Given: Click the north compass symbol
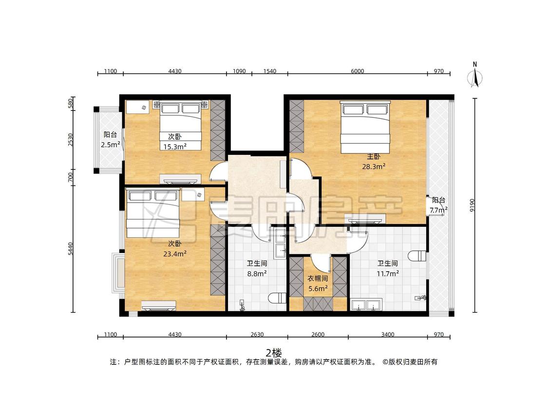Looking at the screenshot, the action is tap(474, 75).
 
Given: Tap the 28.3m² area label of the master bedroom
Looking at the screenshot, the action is tap(374, 167).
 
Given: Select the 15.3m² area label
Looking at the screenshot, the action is tap(175, 147).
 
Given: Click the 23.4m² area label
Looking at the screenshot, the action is tap(175, 254).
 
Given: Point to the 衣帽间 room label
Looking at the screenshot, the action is tap(318, 279).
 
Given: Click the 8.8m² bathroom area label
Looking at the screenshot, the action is tap(257, 274).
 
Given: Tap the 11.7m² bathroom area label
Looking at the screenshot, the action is tap(388, 274).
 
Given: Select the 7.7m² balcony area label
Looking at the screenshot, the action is tap(438, 210).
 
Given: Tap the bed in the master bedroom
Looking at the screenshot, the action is tap(365, 127).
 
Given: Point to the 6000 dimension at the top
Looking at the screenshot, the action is tap(358, 71).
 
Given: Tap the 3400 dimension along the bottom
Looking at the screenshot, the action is tap(388, 335).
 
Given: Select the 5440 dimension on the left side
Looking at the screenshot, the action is tap(71, 248).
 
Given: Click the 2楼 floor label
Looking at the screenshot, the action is tap(274, 353).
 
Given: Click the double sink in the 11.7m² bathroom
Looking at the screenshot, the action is tap(367, 305).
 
